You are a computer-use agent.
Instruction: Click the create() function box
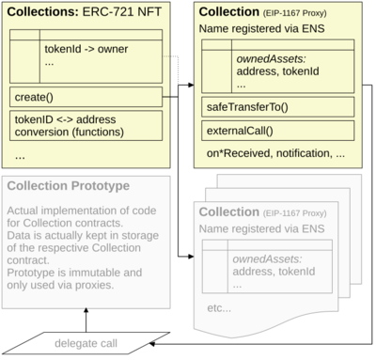85,97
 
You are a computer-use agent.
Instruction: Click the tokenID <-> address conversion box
85,126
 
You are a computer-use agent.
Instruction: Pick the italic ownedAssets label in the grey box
269,258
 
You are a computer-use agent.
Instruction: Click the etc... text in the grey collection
219,307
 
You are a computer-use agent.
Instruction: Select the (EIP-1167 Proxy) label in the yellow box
301,11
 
